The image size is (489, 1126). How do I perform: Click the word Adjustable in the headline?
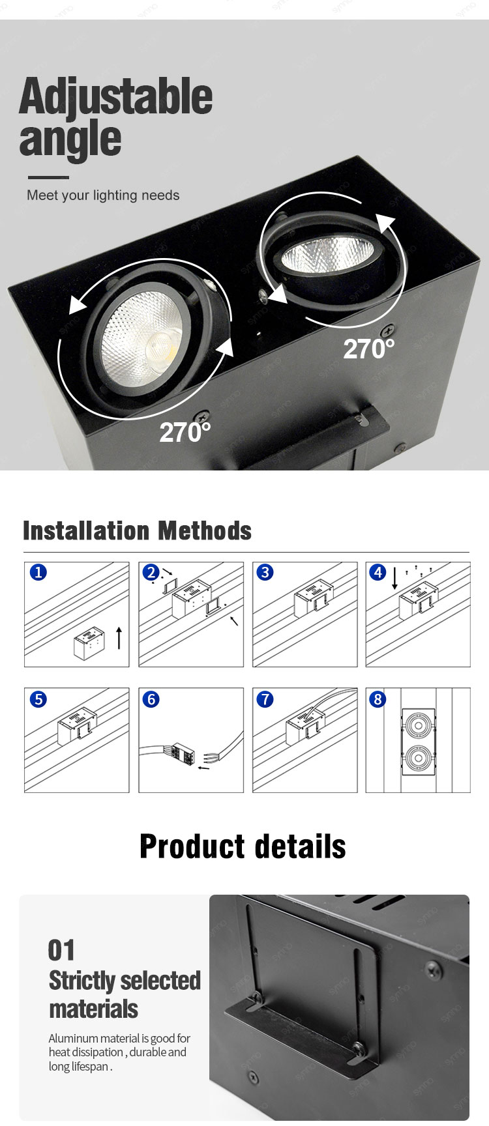click(x=115, y=96)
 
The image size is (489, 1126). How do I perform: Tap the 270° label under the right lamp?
click(x=369, y=349)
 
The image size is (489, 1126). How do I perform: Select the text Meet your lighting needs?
click(x=103, y=195)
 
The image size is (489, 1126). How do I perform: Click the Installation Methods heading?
click(x=137, y=531)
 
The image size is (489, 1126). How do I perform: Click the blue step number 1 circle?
click(x=38, y=572)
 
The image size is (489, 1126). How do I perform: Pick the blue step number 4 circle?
click(x=378, y=572)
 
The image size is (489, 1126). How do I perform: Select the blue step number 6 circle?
click(x=151, y=699)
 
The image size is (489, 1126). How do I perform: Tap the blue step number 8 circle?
click(x=378, y=699)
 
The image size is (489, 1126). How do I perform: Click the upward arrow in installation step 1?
click(x=119, y=638)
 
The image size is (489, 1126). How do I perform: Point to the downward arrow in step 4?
click(x=394, y=579)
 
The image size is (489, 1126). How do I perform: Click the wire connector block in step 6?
click(x=182, y=753)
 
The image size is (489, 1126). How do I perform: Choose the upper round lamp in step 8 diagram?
click(x=417, y=725)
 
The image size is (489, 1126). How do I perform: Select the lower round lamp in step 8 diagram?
click(x=417, y=758)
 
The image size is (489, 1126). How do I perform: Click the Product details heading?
click(x=243, y=846)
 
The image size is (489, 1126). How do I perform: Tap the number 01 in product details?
click(x=61, y=950)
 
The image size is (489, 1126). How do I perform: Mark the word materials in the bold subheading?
click(x=93, y=1009)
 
